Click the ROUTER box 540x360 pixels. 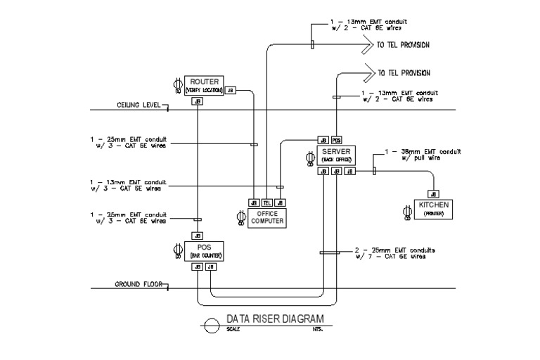(204, 85)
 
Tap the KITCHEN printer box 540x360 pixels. (433, 209)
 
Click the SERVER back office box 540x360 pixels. (336, 155)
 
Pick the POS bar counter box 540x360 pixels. (204, 250)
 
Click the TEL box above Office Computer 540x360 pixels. (267, 203)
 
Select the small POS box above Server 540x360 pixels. (337, 140)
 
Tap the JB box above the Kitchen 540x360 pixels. (433, 194)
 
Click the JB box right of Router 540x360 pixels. (231, 91)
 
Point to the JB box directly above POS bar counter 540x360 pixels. (198, 236)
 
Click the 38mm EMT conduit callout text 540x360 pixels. (422, 155)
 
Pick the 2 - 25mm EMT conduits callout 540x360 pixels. (399, 253)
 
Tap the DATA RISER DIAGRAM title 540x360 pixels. (275, 319)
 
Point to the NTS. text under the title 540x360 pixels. (308, 328)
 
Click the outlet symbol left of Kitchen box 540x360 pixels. (406, 212)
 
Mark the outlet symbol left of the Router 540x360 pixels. (176, 84)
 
